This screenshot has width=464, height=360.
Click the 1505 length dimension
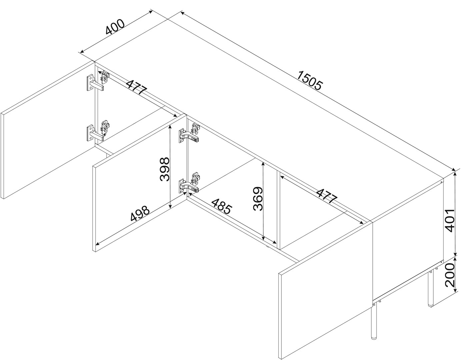(310, 81)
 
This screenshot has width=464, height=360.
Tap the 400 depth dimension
(115, 27)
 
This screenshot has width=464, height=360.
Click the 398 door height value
(164, 169)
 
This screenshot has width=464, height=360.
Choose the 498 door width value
(140, 213)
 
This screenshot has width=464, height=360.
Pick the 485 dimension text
(221, 206)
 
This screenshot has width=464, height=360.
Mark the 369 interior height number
(258, 199)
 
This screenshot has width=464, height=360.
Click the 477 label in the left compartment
(137, 87)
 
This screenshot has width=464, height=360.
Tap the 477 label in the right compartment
(327, 196)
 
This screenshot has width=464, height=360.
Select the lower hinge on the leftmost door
(99, 131)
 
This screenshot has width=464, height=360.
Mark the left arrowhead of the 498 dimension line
(98, 243)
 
